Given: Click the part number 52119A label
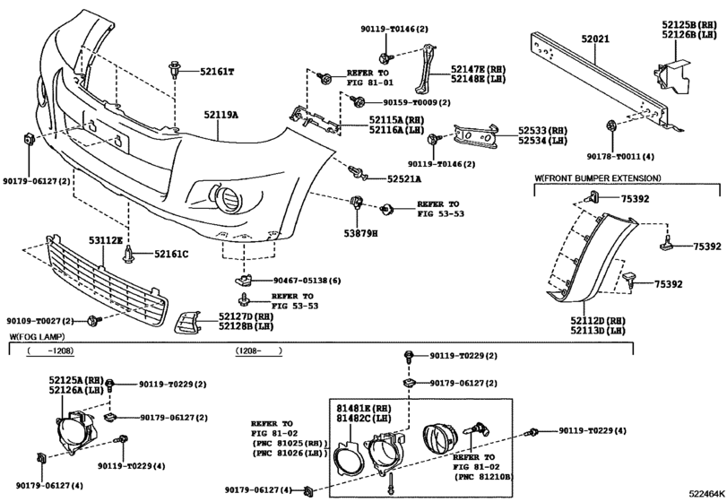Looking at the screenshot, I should point(220,115).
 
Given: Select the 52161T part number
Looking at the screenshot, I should point(214,71).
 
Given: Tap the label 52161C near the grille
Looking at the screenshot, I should point(169,254).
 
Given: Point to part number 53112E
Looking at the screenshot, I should point(107,240).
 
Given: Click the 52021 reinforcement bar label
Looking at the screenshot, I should point(595,39).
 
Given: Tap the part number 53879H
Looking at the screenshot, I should point(360,233).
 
